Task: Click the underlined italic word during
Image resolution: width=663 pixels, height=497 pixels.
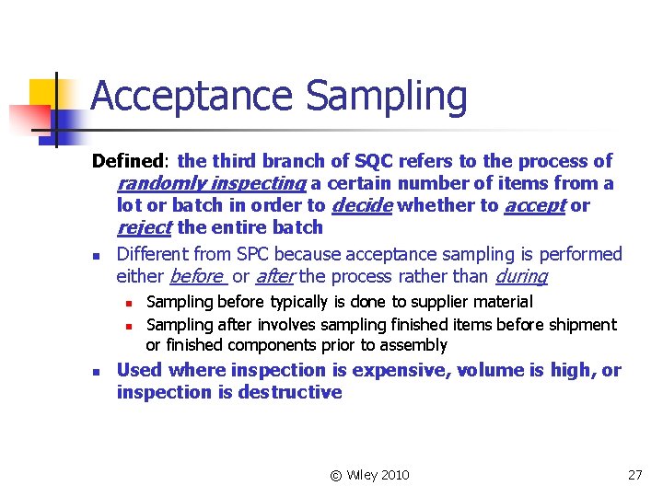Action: tap(521, 275)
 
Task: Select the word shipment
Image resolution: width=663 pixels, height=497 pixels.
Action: tap(582, 324)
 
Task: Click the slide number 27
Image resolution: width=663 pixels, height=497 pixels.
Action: tap(634, 475)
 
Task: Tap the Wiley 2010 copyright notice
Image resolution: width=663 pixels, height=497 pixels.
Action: tap(369, 475)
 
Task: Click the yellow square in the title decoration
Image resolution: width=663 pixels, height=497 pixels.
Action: tap(44, 92)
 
